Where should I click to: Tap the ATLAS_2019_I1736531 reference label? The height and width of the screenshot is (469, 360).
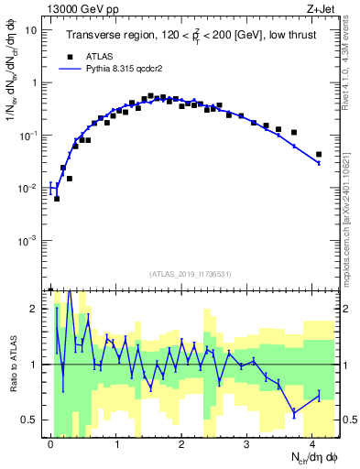pyautogui.click(x=189, y=274)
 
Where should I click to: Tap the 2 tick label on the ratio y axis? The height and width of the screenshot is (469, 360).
pyautogui.click(x=34, y=309)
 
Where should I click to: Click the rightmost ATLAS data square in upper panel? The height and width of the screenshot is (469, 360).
pyautogui.click(x=319, y=155)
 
